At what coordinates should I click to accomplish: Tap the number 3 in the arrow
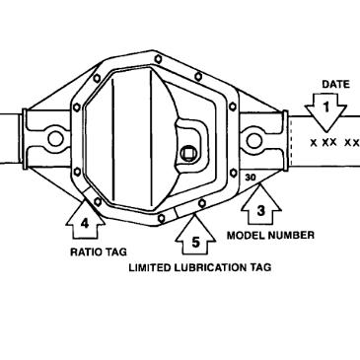pos(260,209)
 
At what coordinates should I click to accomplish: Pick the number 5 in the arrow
pos(194,240)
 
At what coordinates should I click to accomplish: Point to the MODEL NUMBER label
pos(271,236)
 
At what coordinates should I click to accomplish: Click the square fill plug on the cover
pos(187,154)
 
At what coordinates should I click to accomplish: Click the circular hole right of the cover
pos(254,140)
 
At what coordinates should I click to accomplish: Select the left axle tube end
pos(8,139)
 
